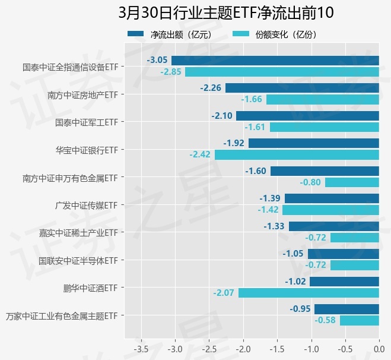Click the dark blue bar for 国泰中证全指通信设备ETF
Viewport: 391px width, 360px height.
[275, 60]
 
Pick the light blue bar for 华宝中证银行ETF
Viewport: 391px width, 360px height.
[297, 154]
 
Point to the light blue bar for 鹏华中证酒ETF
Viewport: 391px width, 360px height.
[309, 293]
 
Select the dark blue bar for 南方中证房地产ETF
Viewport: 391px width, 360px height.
[302, 88]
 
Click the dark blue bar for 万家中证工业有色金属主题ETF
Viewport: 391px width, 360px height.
[347, 309]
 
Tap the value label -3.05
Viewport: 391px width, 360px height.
[157, 60]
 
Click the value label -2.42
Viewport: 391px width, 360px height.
[200, 154]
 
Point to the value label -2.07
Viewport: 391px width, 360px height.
[224, 293]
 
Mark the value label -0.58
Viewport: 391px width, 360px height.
[325, 320]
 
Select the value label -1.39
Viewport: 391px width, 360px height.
[270, 198]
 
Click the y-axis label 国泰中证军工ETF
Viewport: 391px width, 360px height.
[86, 122]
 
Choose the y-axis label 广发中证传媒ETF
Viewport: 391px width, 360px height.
[86, 205]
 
